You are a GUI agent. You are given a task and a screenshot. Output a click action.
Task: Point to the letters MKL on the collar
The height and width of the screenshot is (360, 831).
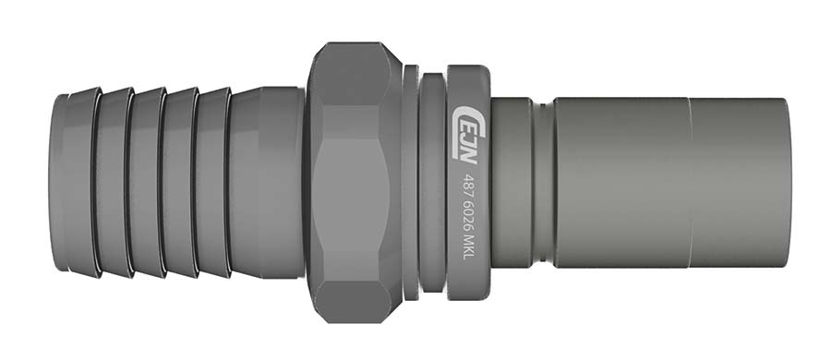click(468, 248)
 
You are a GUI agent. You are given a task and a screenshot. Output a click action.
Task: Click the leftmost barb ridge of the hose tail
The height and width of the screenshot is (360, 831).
click(82, 183)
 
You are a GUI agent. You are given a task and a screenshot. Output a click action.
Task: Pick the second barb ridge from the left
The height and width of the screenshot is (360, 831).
click(114, 183)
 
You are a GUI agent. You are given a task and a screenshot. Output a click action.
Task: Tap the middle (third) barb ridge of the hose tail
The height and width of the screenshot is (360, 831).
click(147, 183)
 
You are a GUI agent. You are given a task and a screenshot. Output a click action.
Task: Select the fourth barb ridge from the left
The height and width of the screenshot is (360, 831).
click(179, 183)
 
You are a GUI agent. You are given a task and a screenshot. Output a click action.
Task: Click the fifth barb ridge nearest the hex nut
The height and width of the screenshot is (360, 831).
click(211, 183)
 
